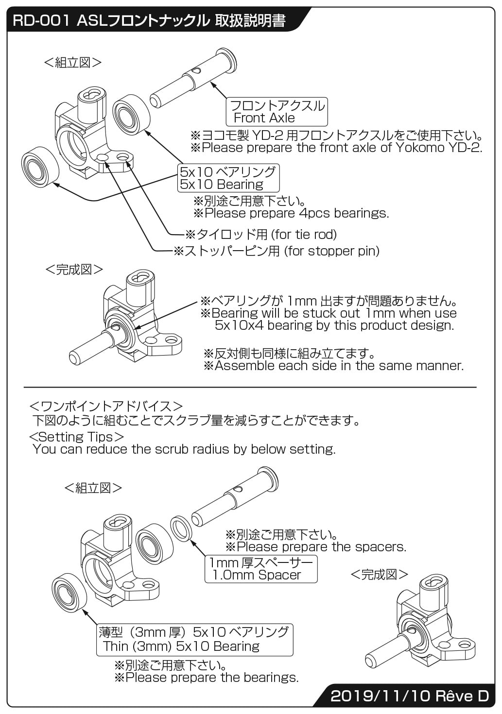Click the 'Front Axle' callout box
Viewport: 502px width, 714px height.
tap(277, 112)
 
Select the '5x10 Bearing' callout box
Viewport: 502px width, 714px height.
tap(228, 178)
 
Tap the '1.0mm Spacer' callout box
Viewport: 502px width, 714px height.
tap(261, 569)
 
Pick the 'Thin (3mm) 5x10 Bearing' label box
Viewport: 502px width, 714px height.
tap(195, 639)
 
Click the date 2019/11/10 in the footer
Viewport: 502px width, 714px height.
tap(381, 696)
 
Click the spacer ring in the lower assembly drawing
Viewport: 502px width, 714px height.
tap(183, 528)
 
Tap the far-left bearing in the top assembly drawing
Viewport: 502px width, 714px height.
tap(40, 165)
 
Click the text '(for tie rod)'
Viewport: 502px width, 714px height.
tap(304, 235)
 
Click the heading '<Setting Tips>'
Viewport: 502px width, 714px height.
tap(77, 437)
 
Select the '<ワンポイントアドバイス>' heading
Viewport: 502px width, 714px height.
tap(106, 406)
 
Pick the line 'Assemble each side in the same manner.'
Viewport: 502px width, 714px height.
tap(339, 366)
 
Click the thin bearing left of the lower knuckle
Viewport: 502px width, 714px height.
tap(69, 590)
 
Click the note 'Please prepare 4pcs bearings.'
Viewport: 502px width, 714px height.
tap(296, 213)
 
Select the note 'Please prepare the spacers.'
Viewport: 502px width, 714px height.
tap(321, 547)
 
